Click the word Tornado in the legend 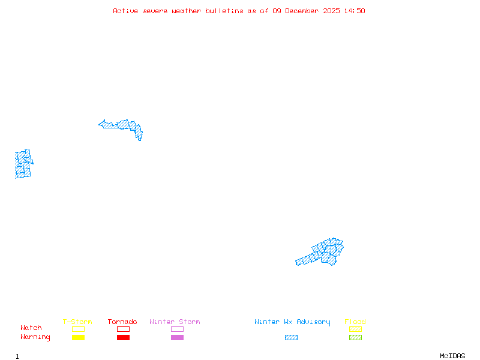(122, 322)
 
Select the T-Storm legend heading (77, 322)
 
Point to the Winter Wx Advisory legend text (292, 322)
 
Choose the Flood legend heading (355, 322)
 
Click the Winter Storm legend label (175, 322)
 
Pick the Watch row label (31, 328)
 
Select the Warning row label (35, 337)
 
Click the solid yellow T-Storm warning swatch (78, 338)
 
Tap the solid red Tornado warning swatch (123, 338)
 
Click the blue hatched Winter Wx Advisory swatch (291, 338)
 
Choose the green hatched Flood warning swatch (355, 338)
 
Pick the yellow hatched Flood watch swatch (355, 329)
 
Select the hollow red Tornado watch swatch (123, 329)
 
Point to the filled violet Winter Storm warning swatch (177, 338)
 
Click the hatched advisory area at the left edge (23, 164)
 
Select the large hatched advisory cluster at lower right (324, 253)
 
